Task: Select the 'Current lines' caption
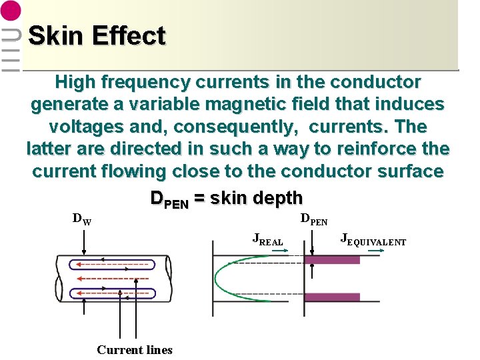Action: [134, 350]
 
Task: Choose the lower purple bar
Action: [332, 296]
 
